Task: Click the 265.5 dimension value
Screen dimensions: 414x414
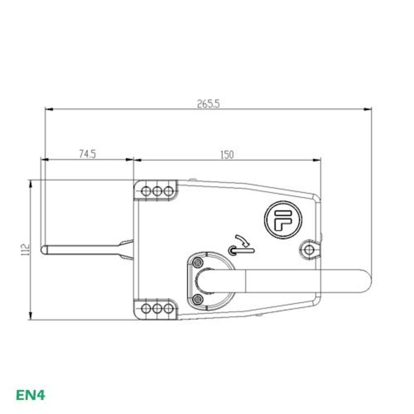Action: click(208, 103)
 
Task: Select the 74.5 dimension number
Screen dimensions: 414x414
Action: click(87, 154)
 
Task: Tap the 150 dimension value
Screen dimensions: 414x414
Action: click(227, 154)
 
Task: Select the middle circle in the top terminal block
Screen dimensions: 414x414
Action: click(158, 192)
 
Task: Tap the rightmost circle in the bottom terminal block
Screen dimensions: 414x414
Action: click(169, 309)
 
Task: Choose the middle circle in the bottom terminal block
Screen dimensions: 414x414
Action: click(158, 309)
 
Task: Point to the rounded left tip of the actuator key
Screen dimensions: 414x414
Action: click(43, 250)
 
